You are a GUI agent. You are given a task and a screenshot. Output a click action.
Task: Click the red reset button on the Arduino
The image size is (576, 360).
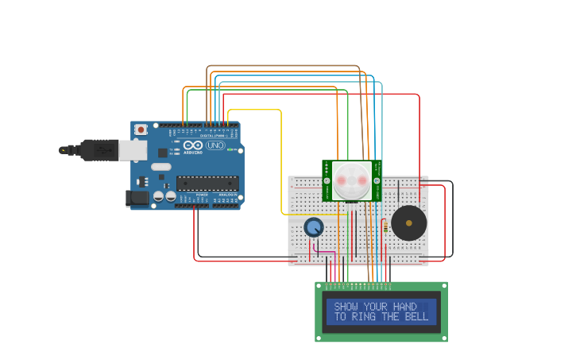(x=141, y=130)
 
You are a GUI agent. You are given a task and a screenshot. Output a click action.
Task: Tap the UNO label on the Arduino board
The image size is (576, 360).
(x=215, y=145)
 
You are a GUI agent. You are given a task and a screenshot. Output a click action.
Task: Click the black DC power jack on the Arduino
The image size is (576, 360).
(x=137, y=199)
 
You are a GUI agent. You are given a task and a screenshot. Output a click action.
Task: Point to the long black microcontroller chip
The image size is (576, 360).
(x=207, y=183)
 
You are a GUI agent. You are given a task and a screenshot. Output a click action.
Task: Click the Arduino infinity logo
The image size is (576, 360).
(x=193, y=145)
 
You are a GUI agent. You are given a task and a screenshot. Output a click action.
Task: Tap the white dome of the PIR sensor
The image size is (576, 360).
(x=352, y=180)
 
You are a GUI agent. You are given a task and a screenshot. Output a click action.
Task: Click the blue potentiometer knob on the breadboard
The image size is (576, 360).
(x=314, y=227)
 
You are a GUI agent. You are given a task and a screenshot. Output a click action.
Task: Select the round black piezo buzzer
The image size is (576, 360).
(x=408, y=223)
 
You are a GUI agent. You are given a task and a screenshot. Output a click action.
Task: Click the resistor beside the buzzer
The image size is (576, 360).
(x=385, y=229)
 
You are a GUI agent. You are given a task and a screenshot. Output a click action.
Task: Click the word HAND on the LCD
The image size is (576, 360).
(x=404, y=307)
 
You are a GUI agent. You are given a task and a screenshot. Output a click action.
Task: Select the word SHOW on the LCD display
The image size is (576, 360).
(x=346, y=307)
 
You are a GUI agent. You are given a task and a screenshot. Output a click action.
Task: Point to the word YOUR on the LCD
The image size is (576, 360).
(x=377, y=307)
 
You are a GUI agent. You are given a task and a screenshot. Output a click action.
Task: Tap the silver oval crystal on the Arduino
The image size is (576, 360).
(x=160, y=167)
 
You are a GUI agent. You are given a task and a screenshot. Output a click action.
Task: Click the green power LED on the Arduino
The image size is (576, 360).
(x=230, y=149)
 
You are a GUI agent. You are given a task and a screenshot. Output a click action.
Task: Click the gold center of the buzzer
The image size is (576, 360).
(x=408, y=223)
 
